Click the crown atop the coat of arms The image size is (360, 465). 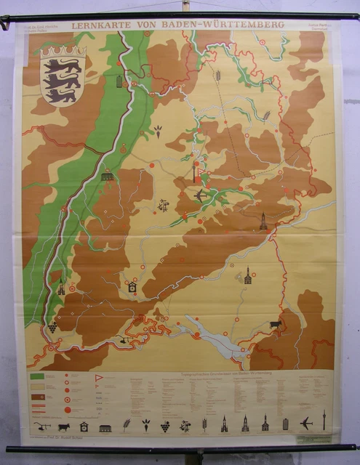coord(63,52)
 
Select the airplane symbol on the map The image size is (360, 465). coord(201,195)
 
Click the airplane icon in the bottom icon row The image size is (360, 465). coord(306,424)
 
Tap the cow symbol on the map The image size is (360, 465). coord(275,324)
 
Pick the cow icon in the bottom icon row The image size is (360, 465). coord(64,426)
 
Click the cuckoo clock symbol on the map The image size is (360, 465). coord(132,288)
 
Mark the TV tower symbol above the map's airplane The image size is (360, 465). coord(195,171)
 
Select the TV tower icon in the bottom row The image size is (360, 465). coord(324,421)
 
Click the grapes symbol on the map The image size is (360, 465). coord(53,327)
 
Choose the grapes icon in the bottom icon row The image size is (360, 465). coord(164,425)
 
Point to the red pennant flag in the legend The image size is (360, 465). coord(100,378)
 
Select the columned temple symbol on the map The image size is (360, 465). coord(108,177)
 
